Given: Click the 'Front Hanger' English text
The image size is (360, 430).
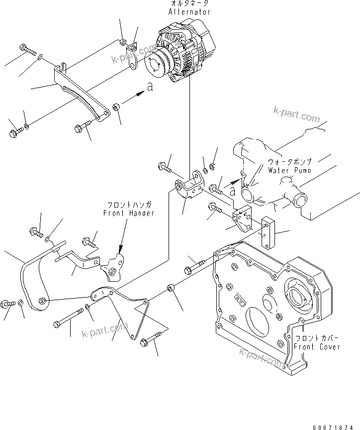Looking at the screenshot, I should tap(129, 213).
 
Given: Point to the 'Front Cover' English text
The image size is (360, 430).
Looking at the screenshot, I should tap(317, 346).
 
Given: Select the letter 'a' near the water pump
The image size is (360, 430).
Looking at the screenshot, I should tap(232, 190).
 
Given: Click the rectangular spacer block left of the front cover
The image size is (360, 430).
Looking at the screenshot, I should tap(269, 234).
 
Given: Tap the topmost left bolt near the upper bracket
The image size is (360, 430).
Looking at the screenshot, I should tap(28, 50).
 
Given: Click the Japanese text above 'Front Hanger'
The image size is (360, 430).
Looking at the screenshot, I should tap(129, 205).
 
